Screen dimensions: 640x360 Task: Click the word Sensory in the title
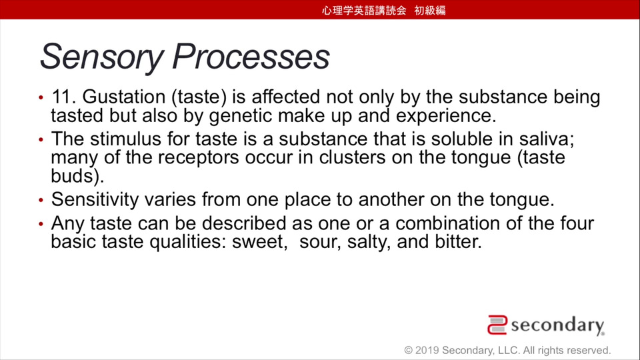tap(102, 57)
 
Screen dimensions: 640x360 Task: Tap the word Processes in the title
tap(251, 56)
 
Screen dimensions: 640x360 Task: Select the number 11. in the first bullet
tap(64, 97)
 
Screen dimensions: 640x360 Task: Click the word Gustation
tap(124, 97)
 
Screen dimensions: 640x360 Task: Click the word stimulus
tap(126, 139)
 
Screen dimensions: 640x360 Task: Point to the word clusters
tap(352, 157)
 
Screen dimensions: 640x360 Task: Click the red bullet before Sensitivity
tap(41, 201)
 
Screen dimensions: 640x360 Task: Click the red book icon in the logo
tap(497, 325)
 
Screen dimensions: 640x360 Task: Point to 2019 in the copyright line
tap(427, 350)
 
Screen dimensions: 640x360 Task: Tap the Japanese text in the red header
tap(384, 10)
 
